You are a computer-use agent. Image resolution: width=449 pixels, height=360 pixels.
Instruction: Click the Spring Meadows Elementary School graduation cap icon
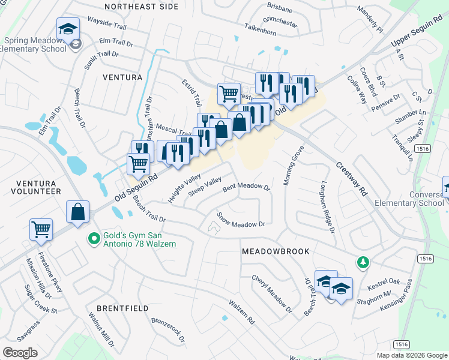[x=68, y=29]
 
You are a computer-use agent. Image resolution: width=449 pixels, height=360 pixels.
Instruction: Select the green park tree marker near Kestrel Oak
[x=363, y=262]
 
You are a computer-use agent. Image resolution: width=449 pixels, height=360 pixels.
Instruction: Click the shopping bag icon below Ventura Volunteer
[x=77, y=212]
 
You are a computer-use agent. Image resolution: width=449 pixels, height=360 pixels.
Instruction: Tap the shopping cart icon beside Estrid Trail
[x=229, y=94]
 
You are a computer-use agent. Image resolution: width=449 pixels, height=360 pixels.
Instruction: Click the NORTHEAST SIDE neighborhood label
[x=142, y=7]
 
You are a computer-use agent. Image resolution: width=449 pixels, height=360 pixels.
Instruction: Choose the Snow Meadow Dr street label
[x=241, y=220]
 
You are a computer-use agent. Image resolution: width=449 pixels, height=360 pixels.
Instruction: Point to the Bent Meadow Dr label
[x=247, y=187]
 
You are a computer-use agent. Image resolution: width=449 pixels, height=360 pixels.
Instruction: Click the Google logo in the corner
[x=19, y=353]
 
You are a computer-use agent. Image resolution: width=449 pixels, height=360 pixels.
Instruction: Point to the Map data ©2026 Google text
[x=411, y=355]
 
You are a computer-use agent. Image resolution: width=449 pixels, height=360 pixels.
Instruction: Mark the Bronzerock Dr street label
[x=169, y=330]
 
